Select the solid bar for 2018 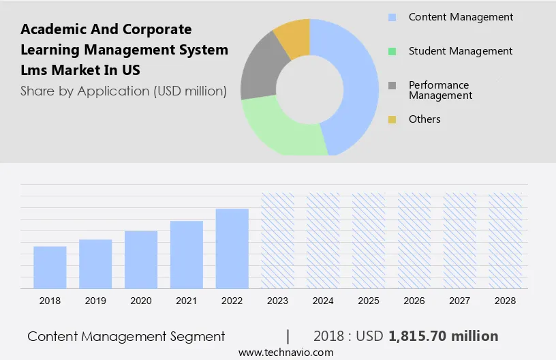coord(50,267)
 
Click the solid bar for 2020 coord(141,259)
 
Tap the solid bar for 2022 coord(232,247)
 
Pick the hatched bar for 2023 coord(278,240)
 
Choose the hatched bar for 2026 coord(415,240)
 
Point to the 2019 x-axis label coord(95,301)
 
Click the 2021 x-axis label coord(187,301)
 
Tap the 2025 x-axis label coord(369,301)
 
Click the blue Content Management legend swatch coord(392,17)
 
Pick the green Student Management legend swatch coord(392,51)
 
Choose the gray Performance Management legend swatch coord(392,86)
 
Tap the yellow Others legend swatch coord(392,120)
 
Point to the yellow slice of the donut coord(292,35)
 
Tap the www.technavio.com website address coord(286,352)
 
